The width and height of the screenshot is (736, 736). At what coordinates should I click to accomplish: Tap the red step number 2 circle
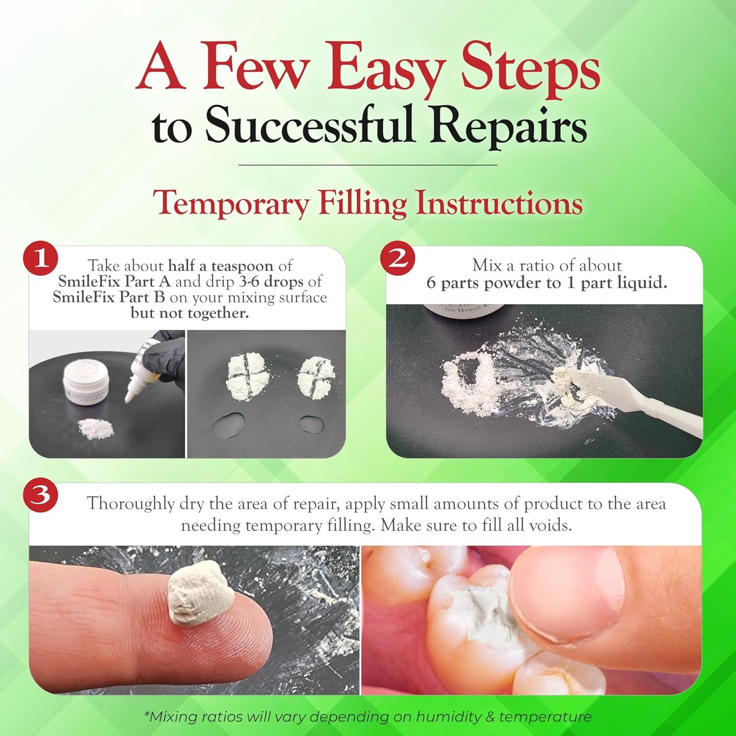[398, 259]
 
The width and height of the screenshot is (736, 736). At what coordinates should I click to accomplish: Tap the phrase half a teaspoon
[220, 266]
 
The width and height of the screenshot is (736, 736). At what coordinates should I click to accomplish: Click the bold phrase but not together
[189, 313]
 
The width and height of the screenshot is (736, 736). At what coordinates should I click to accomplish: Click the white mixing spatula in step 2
[638, 397]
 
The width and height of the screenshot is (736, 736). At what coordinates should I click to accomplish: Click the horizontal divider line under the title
[368, 165]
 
